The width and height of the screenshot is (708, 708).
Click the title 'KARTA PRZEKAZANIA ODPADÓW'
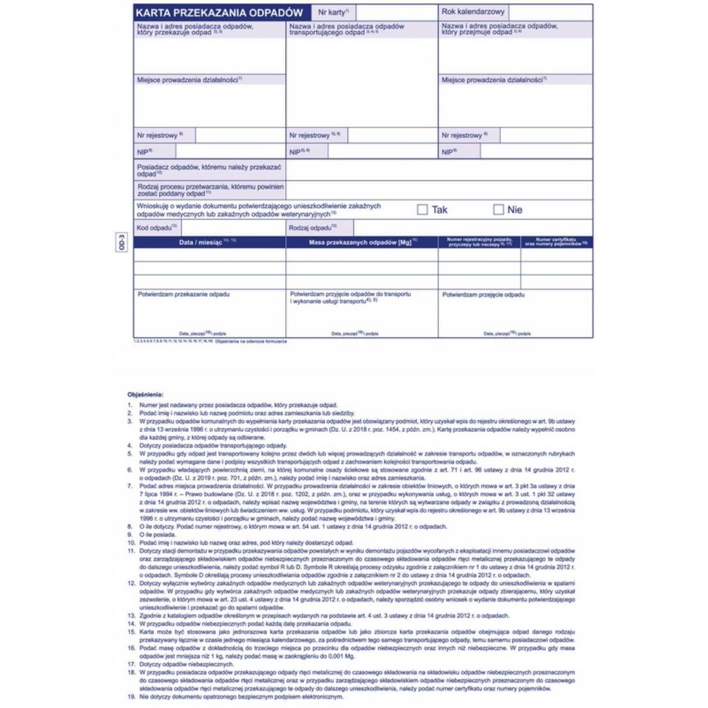219,12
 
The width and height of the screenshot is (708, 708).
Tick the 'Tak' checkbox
422,210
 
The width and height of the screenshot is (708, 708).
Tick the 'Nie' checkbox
498,210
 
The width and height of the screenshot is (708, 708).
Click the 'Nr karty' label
333,12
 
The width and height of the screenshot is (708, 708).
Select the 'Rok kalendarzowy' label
473,12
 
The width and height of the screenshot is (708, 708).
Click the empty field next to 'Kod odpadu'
234,228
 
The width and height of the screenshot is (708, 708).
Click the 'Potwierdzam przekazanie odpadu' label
183,294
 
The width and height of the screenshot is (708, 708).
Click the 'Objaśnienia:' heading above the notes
145,395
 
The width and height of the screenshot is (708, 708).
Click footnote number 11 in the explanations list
131,551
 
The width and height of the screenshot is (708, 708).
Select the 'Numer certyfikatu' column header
556,242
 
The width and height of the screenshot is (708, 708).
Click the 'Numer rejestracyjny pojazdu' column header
480,242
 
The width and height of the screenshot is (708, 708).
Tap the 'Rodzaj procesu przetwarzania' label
210,190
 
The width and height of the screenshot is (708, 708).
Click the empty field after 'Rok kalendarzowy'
550,12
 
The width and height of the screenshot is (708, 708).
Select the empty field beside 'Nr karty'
396,12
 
